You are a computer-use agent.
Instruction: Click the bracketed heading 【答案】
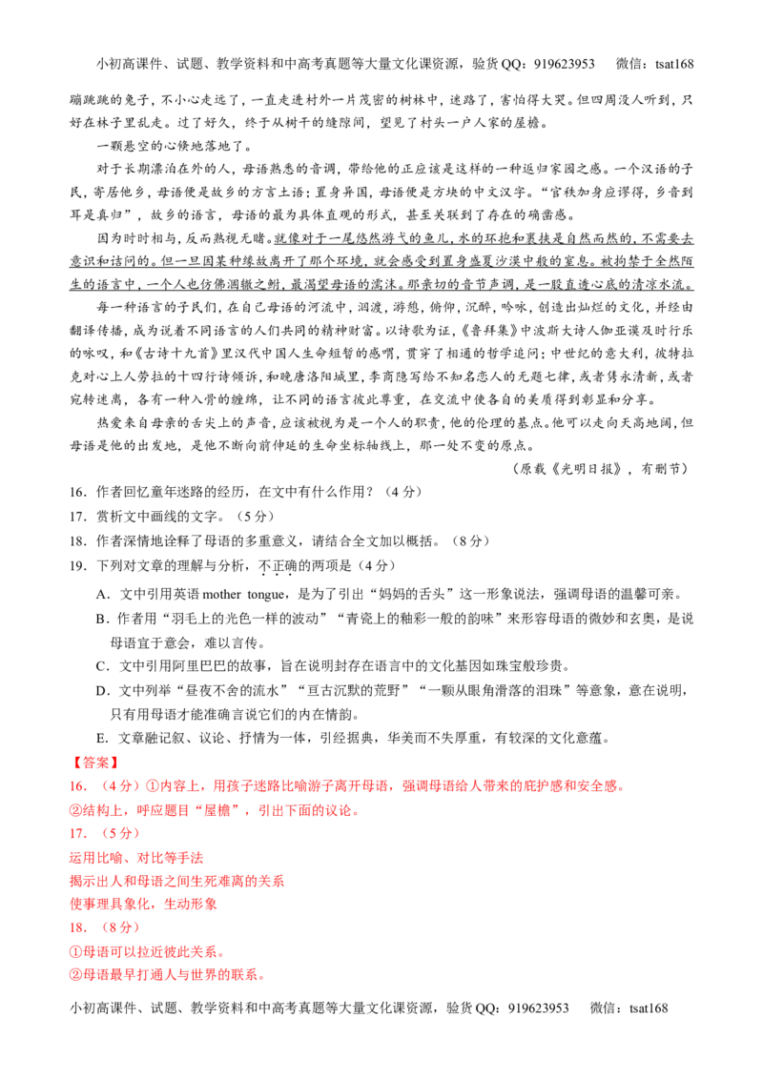(94, 763)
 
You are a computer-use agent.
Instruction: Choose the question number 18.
(76, 926)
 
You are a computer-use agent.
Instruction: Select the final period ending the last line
(261, 977)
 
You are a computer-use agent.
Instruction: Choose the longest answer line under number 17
(177, 881)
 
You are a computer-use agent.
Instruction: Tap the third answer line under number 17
(144, 904)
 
